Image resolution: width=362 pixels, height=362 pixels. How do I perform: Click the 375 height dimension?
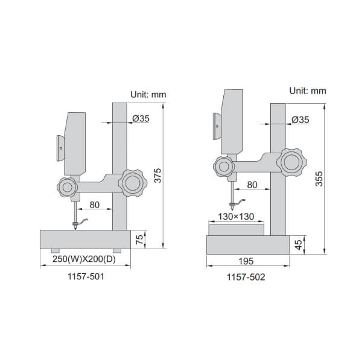[x=158, y=175]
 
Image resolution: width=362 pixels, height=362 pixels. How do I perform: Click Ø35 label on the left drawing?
[x=141, y=119]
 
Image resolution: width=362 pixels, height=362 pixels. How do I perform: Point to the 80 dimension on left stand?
[x=94, y=205]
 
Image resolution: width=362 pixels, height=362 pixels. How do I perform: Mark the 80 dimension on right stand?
[x=253, y=185]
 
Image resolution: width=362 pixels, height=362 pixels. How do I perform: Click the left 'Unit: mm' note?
[x=148, y=94]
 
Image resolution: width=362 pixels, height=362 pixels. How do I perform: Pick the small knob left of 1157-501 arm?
[x=67, y=188]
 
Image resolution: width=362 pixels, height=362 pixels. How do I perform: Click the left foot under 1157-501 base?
[x=55, y=250]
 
